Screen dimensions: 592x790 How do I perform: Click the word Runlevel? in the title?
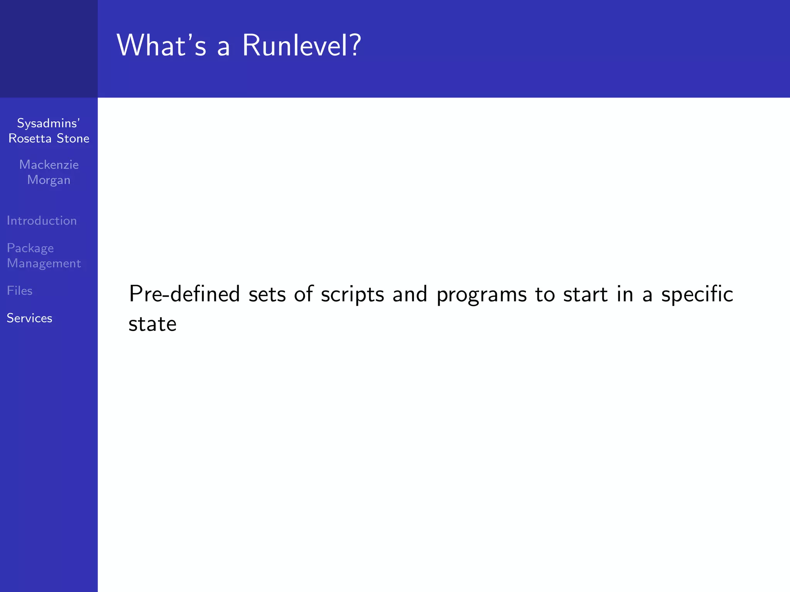301,45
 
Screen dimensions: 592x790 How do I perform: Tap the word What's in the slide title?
162,45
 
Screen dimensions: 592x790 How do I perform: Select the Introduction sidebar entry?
42,220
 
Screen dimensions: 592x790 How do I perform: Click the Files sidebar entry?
20,291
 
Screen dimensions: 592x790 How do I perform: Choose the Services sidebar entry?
29,318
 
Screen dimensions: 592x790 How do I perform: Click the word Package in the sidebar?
30,248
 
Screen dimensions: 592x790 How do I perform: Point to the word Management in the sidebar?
44,263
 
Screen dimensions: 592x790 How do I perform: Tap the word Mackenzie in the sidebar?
49,165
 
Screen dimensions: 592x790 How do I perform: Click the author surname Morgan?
49,180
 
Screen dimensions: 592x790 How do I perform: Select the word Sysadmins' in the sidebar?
49,123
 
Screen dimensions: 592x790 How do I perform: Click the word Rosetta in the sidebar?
30,138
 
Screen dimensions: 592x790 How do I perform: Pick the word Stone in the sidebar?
73,138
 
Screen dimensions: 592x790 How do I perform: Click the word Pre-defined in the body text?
184,294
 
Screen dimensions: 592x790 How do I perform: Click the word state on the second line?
152,324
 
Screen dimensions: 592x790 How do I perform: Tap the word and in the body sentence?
410,294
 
